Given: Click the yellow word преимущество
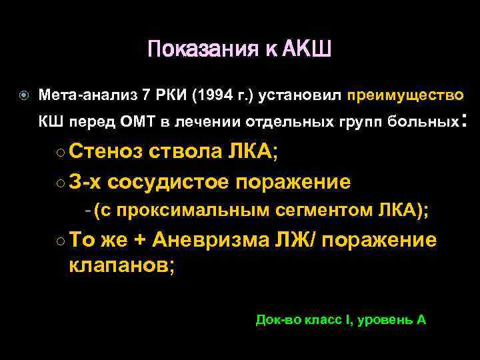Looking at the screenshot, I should [x=405, y=95].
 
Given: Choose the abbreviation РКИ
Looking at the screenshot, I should [x=169, y=95].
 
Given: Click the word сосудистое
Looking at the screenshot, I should [x=166, y=182].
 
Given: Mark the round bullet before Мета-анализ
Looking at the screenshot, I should [x=23, y=95].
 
